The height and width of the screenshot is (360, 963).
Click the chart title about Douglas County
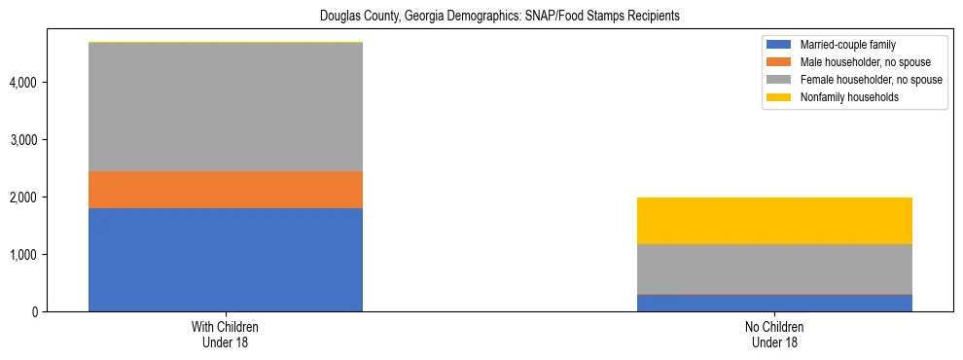(x=481, y=17)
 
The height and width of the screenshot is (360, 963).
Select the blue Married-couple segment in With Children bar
(x=226, y=260)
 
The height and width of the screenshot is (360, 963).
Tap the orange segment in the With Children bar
(x=226, y=190)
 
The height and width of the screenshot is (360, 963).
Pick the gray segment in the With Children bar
(x=226, y=107)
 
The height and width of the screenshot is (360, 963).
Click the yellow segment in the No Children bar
(x=774, y=221)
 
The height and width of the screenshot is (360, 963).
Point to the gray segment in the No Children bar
(x=774, y=269)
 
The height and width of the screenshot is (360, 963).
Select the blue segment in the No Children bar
(x=774, y=303)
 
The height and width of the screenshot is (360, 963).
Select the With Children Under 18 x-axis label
(x=226, y=335)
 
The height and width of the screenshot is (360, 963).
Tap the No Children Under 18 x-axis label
(x=774, y=335)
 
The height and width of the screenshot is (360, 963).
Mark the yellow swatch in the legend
(x=780, y=97)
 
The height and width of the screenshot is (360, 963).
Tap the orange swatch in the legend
(x=780, y=62)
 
